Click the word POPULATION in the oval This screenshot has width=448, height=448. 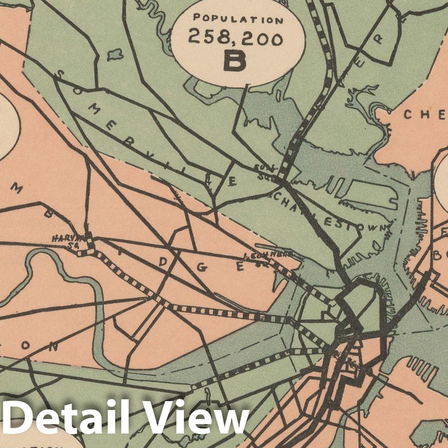pos(238,20)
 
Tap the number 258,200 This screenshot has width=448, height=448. pos(236,39)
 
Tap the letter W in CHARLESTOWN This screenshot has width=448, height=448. pos(383,228)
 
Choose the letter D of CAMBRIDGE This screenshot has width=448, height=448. pos(162,262)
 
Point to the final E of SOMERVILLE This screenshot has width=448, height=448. pos(231,182)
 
